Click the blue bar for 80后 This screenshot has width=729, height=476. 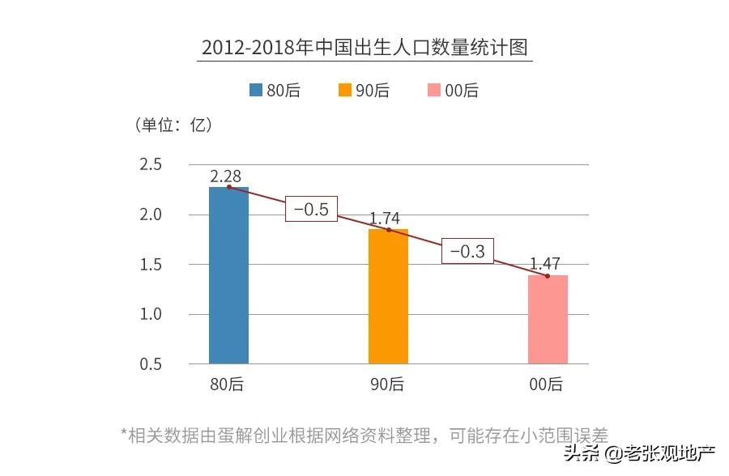[x=228, y=275]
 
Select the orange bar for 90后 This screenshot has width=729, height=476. [x=388, y=296]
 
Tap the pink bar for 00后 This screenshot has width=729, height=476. [x=548, y=319]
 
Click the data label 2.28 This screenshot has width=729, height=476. [x=226, y=176]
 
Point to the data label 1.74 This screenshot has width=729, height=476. [x=386, y=219]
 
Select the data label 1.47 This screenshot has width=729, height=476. [x=545, y=264]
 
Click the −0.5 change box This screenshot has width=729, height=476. [x=310, y=209]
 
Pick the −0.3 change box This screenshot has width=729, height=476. [x=467, y=252]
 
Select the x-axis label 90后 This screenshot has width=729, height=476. [x=387, y=385]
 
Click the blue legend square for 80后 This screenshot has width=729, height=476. [x=256, y=91]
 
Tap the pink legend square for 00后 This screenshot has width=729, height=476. [x=434, y=91]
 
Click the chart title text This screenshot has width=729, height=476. [x=364, y=46]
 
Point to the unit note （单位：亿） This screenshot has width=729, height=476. [x=173, y=125]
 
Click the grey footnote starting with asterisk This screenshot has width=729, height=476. [x=364, y=434]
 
